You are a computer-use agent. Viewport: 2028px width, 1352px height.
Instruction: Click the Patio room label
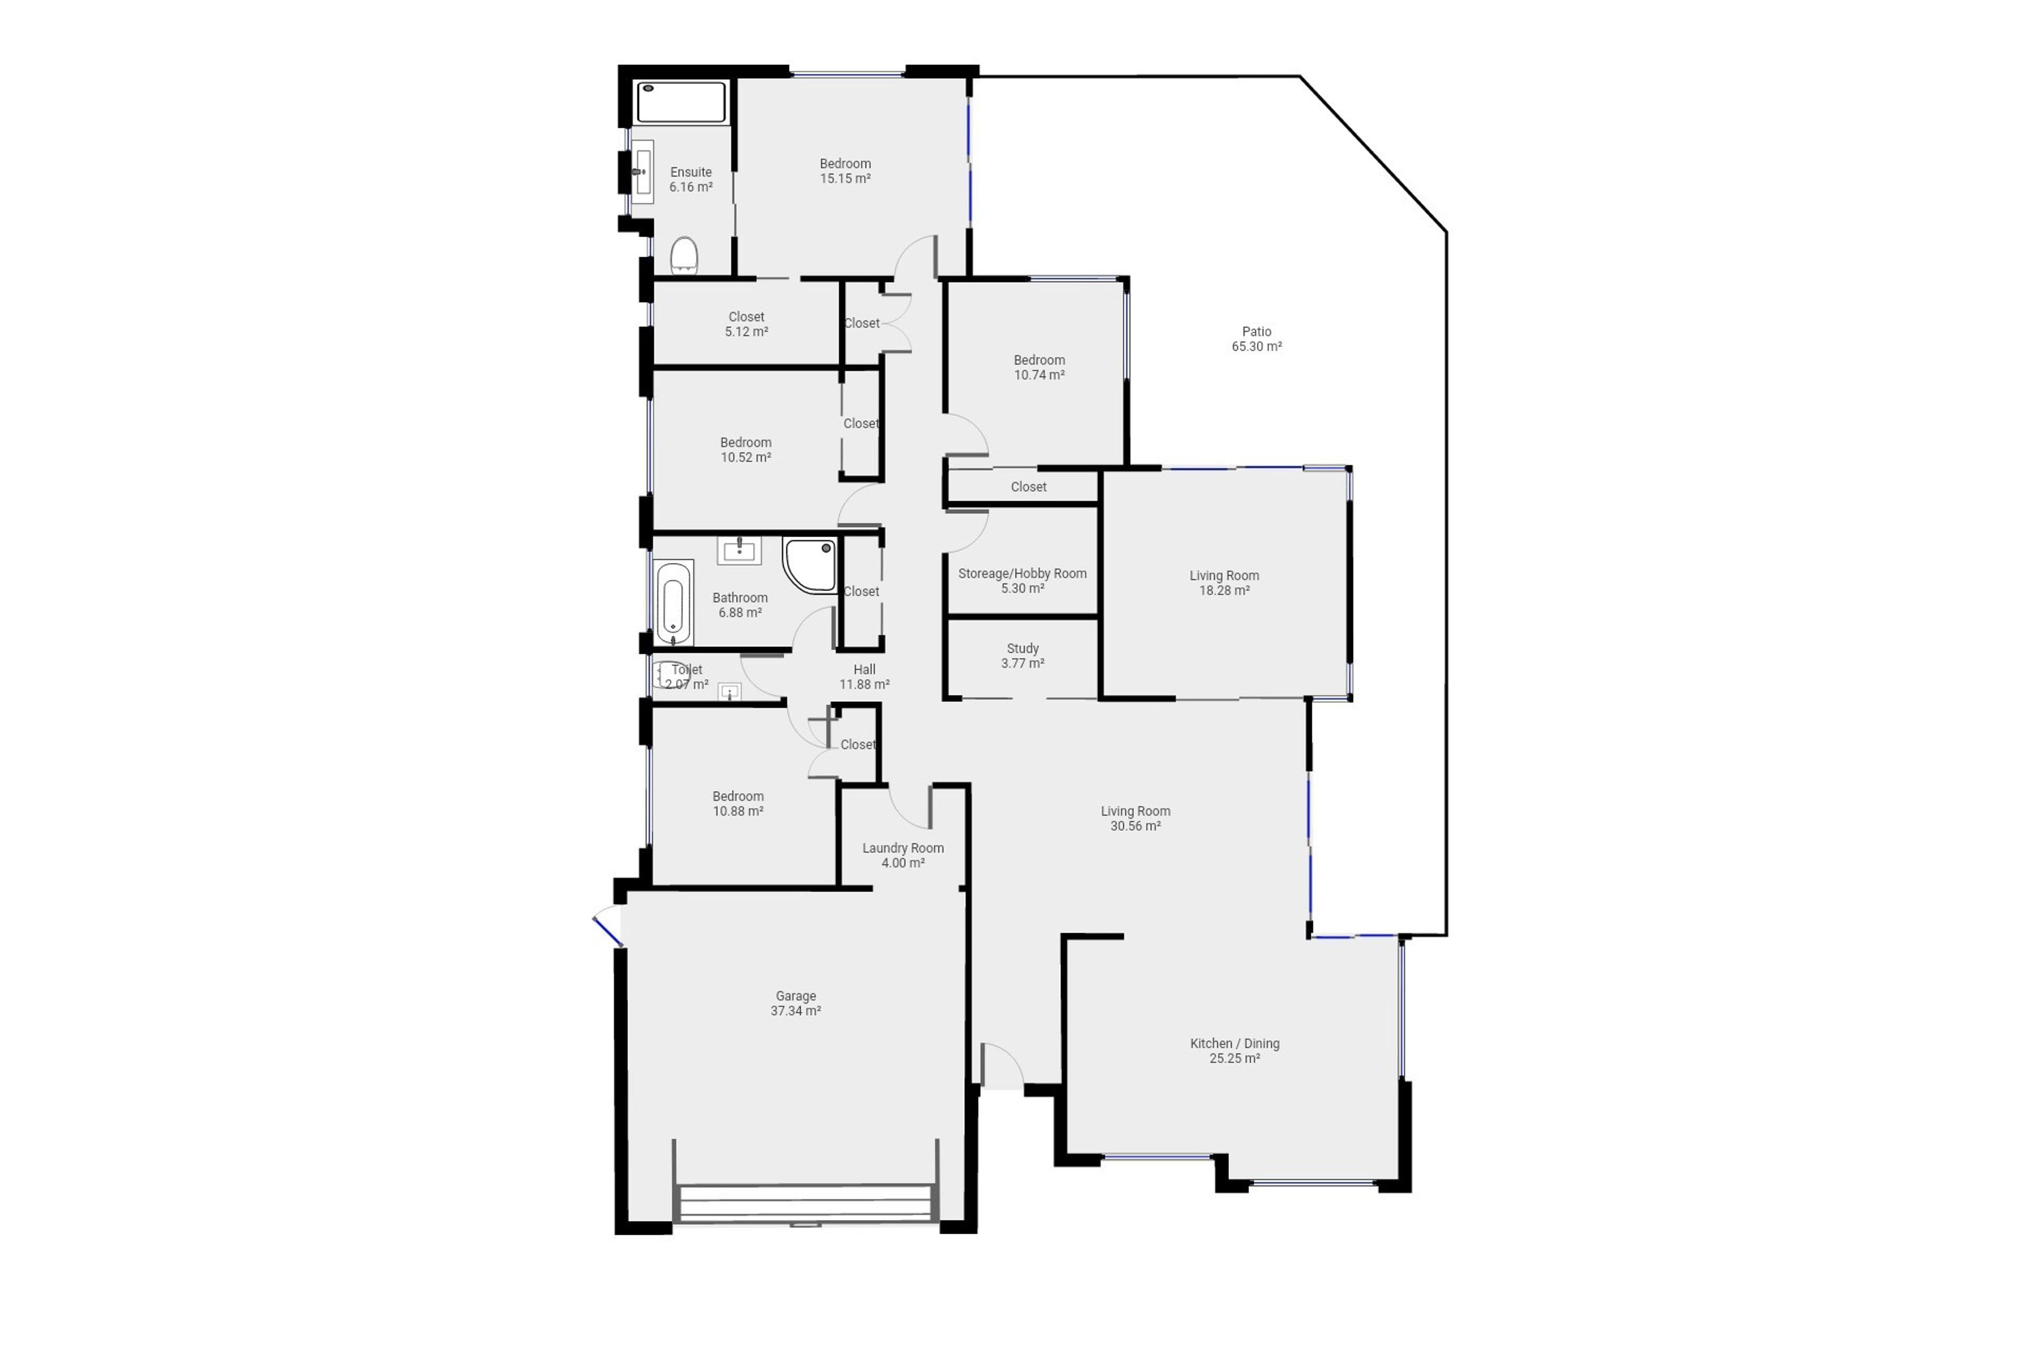click(1256, 339)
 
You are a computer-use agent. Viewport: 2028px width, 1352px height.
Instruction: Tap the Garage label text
click(795, 1003)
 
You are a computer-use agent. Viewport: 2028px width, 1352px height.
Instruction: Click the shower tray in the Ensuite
click(681, 102)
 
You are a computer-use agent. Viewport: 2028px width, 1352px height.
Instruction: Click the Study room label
click(1022, 655)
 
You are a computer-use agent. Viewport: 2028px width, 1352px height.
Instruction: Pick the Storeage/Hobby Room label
click(1022, 580)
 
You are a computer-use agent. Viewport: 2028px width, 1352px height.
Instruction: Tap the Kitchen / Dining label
click(1235, 1050)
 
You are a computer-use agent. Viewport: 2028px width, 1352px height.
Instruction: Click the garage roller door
click(806, 1204)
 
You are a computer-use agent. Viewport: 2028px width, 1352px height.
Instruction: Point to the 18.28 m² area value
click(1224, 590)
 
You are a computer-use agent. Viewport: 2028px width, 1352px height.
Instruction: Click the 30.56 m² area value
click(1135, 826)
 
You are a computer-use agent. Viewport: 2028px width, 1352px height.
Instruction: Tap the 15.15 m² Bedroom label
click(845, 171)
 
